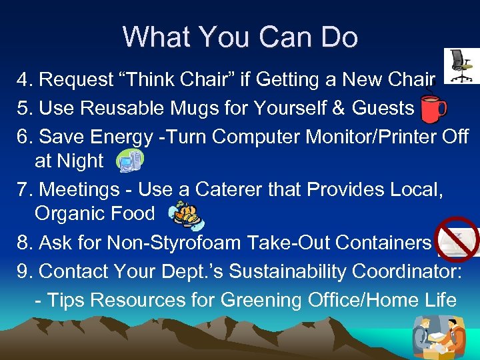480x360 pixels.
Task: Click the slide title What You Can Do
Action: [x=240, y=37]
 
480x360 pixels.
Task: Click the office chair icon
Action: [x=459, y=66]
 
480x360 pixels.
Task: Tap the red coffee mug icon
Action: [x=433, y=109]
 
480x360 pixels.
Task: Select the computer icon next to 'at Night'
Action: [x=128, y=161]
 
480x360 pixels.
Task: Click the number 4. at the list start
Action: [x=26, y=80]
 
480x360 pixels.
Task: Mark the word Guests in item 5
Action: [x=382, y=109]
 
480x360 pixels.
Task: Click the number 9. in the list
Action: [x=26, y=272]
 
